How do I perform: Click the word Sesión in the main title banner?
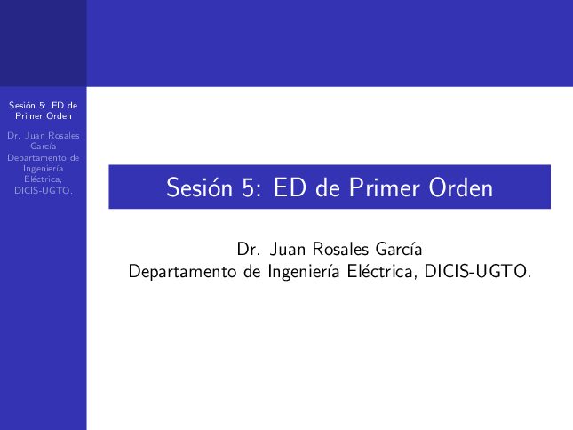click(x=200, y=187)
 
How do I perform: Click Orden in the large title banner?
click(x=461, y=187)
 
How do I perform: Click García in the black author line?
click(x=399, y=249)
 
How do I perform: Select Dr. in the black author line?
click(x=247, y=249)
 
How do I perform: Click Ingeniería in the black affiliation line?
click(x=304, y=272)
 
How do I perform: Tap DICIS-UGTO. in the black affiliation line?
click(x=477, y=271)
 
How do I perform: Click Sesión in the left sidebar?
click(x=22, y=105)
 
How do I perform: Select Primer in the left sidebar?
click(x=28, y=116)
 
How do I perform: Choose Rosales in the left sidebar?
click(x=64, y=136)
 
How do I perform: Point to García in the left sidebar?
click(x=44, y=146)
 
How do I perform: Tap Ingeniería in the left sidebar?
click(x=44, y=169)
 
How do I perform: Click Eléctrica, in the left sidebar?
click(x=44, y=179)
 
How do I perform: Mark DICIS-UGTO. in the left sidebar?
click(x=44, y=190)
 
